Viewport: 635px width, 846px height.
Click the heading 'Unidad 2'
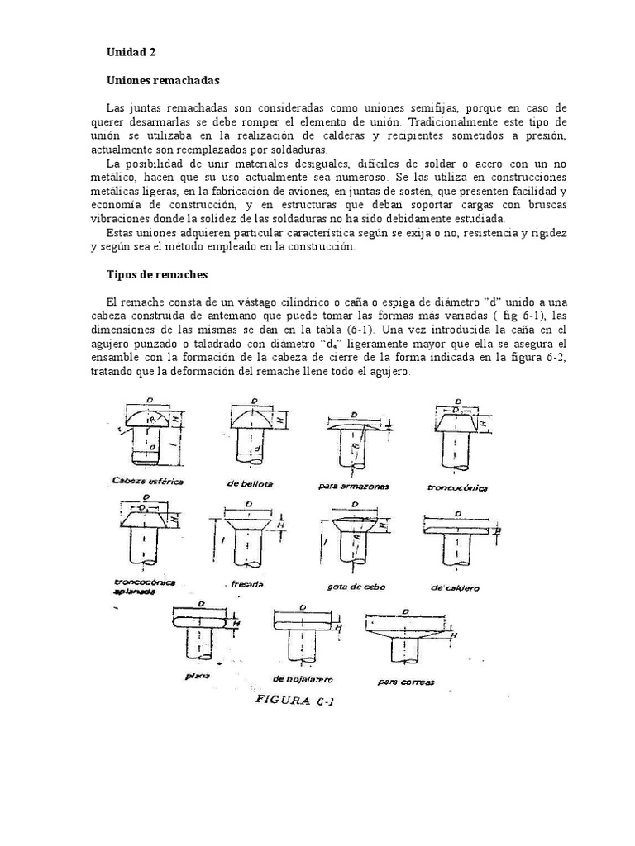pyautogui.click(x=131, y=51)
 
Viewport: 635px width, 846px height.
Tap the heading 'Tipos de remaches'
pyautogui.click(x=157, y=273)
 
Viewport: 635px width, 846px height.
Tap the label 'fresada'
pyautogui.click(x=247, y=583)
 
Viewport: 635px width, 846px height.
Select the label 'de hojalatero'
pyautogui.click(x=301, y=678)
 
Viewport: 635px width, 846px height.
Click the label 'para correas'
pyautogui.click(x=405, y=682)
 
